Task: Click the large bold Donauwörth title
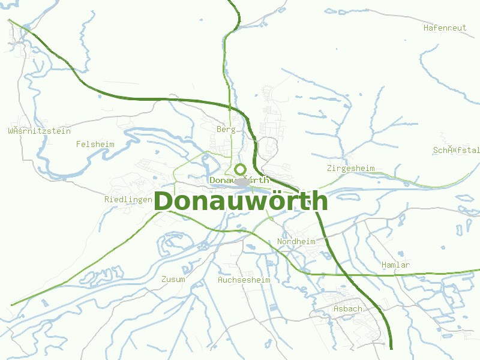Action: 241,202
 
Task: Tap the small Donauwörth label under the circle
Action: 239,180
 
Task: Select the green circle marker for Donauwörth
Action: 241,169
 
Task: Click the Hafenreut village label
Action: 445,28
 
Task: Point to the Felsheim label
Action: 95,144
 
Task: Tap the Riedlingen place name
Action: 128,199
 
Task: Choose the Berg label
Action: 226,129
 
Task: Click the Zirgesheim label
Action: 351,169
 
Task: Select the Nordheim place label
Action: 296,241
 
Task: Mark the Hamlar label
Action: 396,265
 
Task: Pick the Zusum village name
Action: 173,279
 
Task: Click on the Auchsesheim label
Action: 244,280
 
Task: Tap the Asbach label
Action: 347,309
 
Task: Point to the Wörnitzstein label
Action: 39,131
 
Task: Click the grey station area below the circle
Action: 241,182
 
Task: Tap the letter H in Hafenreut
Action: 426,28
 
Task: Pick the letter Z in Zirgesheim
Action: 330,169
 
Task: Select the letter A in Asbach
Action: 335,309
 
